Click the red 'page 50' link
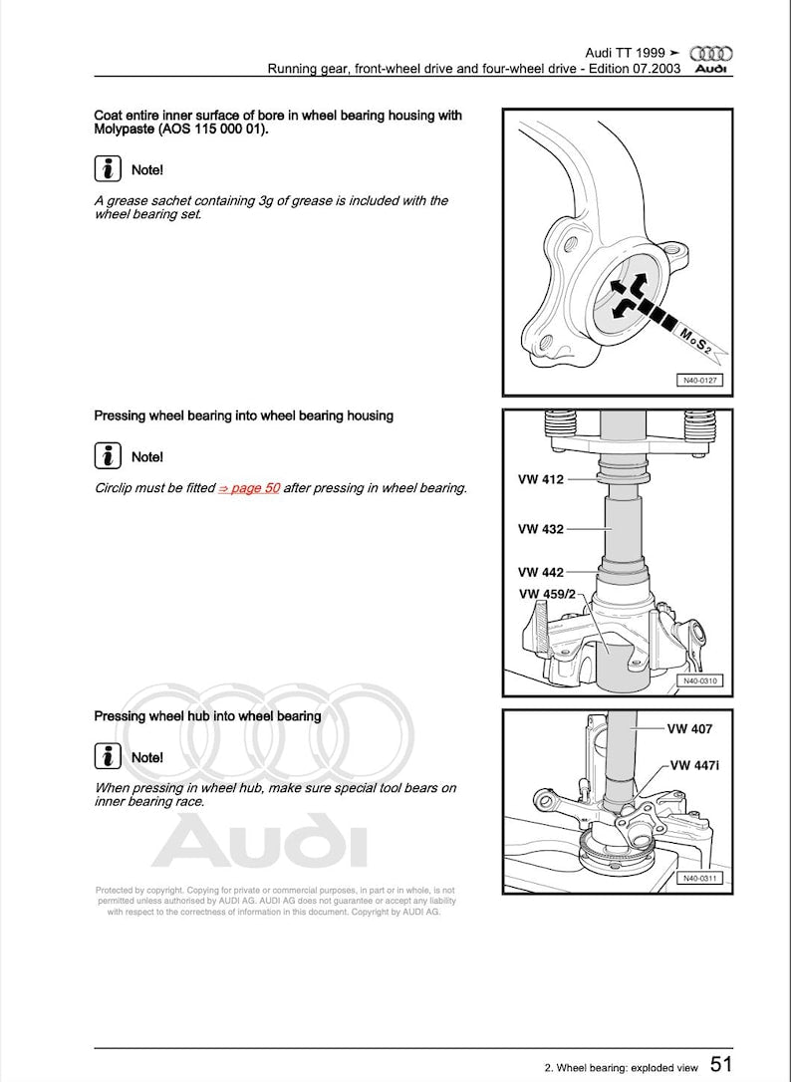point(249,488)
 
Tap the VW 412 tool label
point(540,479)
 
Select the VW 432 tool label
point(540,529)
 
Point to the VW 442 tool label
point(540,572)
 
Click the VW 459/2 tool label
point(547,594)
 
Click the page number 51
point(721,1065)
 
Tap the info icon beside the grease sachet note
point(108,168)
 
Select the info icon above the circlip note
point(108,456)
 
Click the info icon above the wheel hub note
point(108,757)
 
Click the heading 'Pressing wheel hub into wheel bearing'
point(207,715)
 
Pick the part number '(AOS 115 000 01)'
point(209,130)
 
